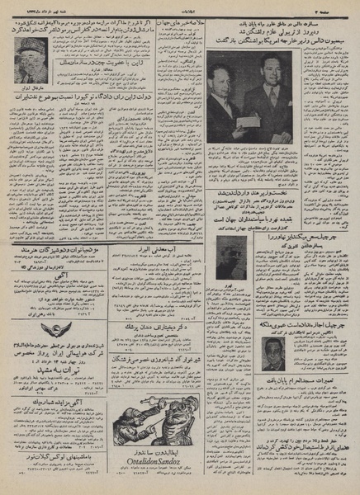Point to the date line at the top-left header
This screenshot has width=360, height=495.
coord(36,9)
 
